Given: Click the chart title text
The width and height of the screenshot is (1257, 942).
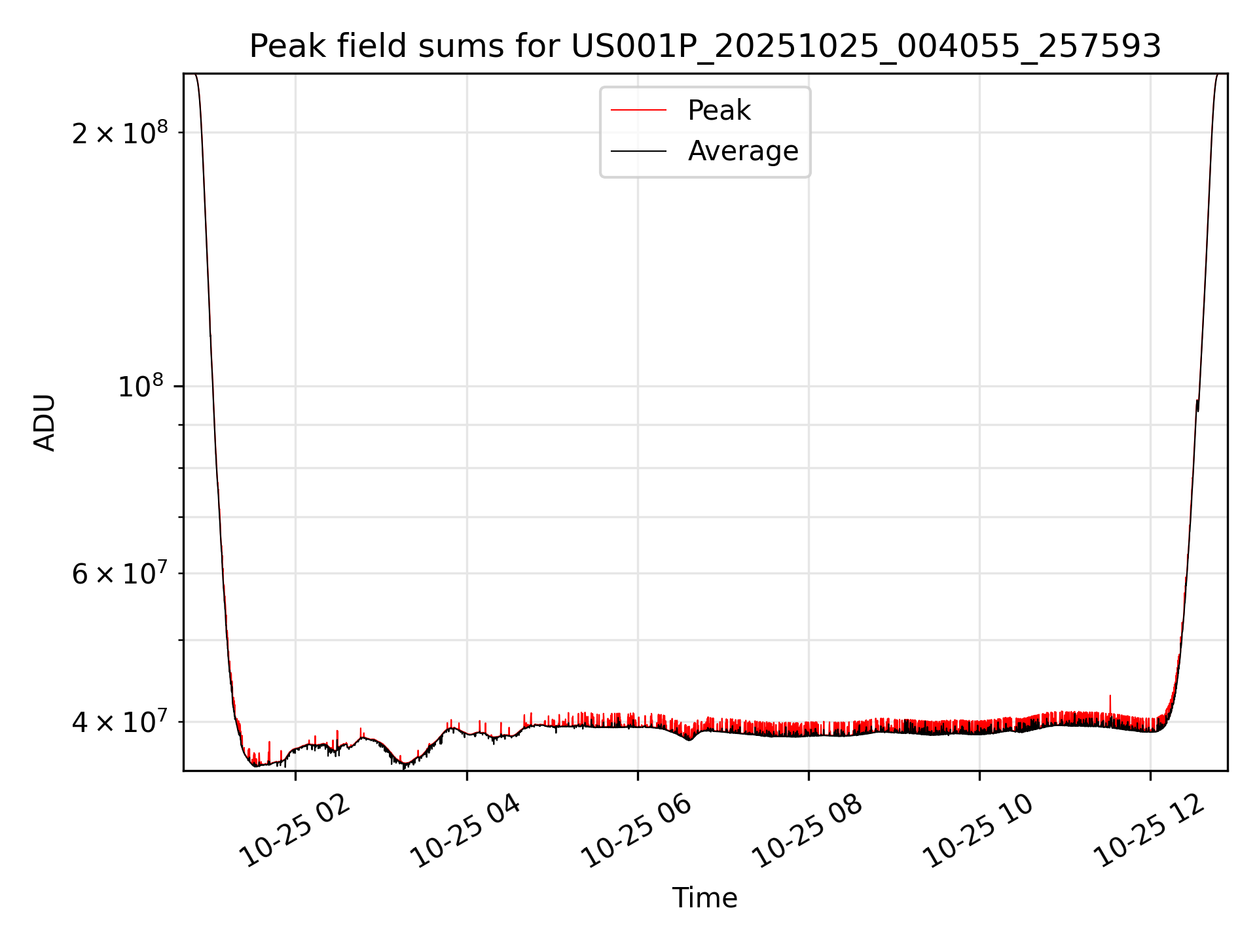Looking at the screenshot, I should (705, 46).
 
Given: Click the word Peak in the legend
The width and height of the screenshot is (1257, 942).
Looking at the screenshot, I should (719, 111).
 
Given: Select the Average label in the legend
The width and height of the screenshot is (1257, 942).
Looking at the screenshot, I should (743, 151).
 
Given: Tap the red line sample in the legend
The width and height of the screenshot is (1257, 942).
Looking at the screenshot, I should (638, 111).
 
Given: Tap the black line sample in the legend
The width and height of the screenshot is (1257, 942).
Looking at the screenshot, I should (638, 151).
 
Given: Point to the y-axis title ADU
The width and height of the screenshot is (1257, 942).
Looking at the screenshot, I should (45, 423).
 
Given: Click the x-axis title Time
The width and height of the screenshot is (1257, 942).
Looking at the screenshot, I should (704, 898).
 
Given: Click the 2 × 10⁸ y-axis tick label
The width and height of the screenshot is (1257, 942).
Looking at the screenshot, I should (120, 133).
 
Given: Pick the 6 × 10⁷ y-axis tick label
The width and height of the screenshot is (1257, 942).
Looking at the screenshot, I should (120, 574).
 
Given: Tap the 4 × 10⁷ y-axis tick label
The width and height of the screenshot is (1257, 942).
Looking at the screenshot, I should (120, 722).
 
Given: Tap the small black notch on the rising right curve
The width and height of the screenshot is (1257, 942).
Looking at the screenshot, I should (1197, 406).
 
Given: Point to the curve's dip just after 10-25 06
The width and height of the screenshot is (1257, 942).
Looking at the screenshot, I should (689, 739).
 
